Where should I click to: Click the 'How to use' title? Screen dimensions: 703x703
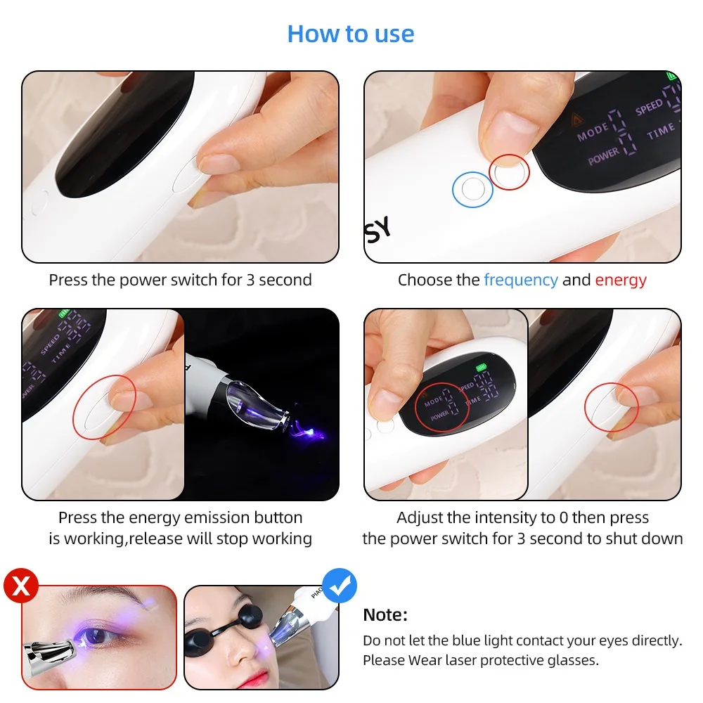[351, 34]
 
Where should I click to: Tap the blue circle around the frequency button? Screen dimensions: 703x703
[472, 189]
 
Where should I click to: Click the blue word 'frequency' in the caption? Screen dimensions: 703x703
[520, 280]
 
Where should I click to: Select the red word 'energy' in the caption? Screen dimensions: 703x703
[621, 280]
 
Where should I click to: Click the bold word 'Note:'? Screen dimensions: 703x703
[385, 615]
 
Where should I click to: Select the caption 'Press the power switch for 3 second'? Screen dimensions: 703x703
[180, 280]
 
